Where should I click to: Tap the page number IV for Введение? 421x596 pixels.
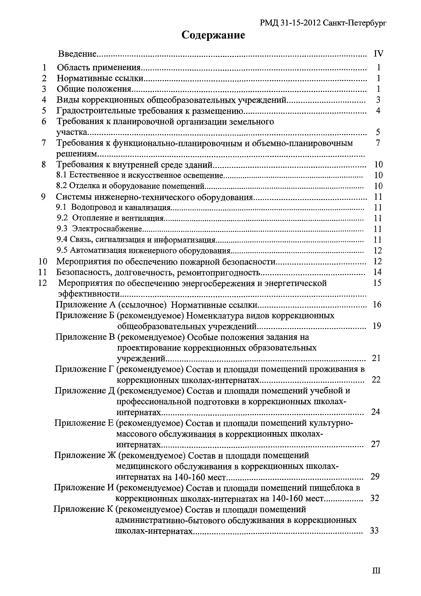378,54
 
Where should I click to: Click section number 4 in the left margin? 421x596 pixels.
44,100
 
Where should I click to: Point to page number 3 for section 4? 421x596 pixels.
378,100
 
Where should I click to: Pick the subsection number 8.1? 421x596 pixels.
62,175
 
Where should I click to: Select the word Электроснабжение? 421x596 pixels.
107,229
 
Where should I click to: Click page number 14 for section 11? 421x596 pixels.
377,272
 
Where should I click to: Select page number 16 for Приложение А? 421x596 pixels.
377,304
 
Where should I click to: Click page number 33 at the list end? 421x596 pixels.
375,531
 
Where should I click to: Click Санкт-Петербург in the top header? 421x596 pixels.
355,23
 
